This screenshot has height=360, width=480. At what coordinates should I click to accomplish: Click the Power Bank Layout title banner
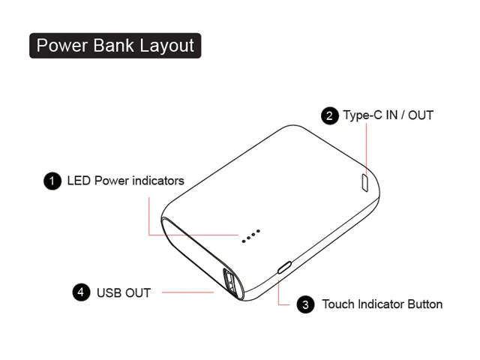[115, 45]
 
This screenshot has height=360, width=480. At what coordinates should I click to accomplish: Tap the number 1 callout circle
[52, 181]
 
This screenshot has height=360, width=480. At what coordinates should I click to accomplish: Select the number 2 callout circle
[329, 115]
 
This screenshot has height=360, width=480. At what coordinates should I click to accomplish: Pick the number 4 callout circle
[82, 292]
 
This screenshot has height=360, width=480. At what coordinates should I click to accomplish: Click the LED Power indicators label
[125, 181]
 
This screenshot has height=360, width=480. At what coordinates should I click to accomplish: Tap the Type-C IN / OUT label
[388, 115]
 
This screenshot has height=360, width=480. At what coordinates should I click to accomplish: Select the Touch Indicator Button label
[382, 304]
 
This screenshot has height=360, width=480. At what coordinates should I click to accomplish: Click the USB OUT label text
[124, 292]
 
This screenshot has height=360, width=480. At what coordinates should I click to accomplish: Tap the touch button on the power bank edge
[284, 268]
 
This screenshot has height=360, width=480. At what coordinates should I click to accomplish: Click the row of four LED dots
[250, 235]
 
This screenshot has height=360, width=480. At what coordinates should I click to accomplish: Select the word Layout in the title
[166, 46]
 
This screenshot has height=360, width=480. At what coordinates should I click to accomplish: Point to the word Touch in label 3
[338, 304]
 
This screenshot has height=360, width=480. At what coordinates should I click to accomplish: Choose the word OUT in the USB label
[137, 292]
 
